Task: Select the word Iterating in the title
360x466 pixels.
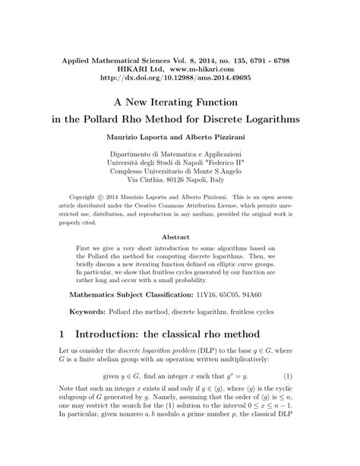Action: click(x=175, y=100)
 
